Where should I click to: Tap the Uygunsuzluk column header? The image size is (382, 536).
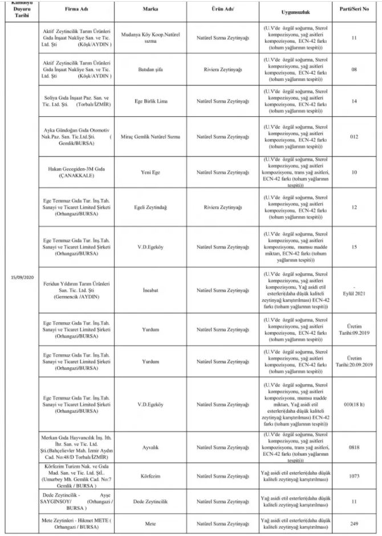pos(296,11)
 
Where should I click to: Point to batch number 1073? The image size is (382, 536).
pos(354,474)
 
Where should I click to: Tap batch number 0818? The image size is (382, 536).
pos(354,448)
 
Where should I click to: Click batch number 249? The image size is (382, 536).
pos(354,523)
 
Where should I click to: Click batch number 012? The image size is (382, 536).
pos(354,137)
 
